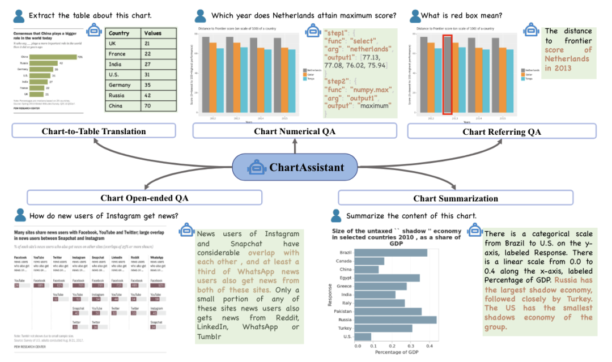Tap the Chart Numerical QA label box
(295, 131)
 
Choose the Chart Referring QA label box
(502, 131)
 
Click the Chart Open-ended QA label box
(144, 198)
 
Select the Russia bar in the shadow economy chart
(396, 320)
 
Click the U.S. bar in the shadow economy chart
(364, 337)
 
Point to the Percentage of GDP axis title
(397, 352)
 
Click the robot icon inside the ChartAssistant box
(257, 167)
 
